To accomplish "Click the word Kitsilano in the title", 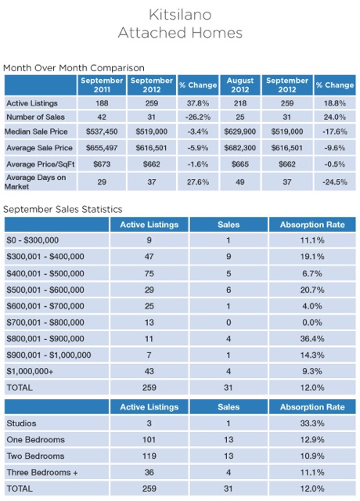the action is click(180, 15).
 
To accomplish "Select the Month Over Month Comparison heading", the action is click(74, 68).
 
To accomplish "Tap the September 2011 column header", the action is click(102, 85).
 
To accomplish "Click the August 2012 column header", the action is click(240, 85).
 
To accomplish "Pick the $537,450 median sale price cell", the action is click(102, 132).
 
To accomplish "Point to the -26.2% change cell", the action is click(198, 117).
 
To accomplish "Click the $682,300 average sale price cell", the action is click(240, 148).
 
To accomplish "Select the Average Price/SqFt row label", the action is click(40, 164).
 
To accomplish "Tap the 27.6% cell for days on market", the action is click(198, 182).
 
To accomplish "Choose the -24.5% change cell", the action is click(335, 182).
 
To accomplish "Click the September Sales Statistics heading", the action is click(63, 209).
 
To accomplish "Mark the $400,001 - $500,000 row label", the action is click(45, 273).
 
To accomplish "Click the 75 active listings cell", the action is click(149, 273).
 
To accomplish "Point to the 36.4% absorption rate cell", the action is click(312, 339).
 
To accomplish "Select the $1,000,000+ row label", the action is click(30, 371).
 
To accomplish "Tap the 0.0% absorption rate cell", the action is click(312, 323).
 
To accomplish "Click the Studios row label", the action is click(21, 424).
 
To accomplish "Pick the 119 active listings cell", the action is click(149, 456).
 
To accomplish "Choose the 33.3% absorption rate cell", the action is click(312, 424).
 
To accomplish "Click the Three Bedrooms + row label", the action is click(42, 472).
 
